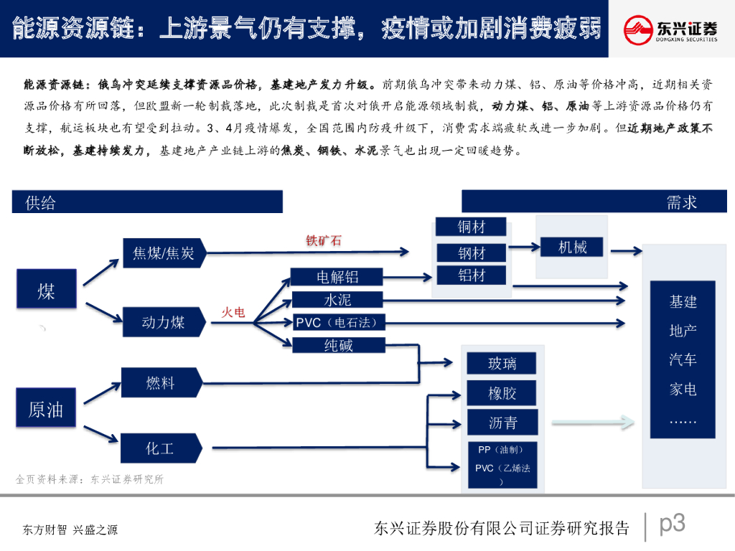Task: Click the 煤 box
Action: [x=46, y=291]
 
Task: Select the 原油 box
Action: [x=46, y=408]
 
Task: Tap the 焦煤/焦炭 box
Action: [x=164, y=253]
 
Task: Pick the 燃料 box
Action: [x=160, y=383]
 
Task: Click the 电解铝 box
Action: [x=337, y=277]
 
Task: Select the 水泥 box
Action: [x=337, y=300]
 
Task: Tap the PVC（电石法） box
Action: [x=337, y=322]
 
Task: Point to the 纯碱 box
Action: [x=338, y=345]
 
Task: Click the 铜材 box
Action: [x=472, y=227]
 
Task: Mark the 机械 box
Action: [x=572, y=248]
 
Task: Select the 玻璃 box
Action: [x=502, y=363]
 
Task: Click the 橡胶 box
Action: [x=502, y=393]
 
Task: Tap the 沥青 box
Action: [x=502, y=423]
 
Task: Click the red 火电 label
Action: [x=233, y=312]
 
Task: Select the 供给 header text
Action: [x=40, y=203]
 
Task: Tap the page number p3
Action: [x=672, y=524]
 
